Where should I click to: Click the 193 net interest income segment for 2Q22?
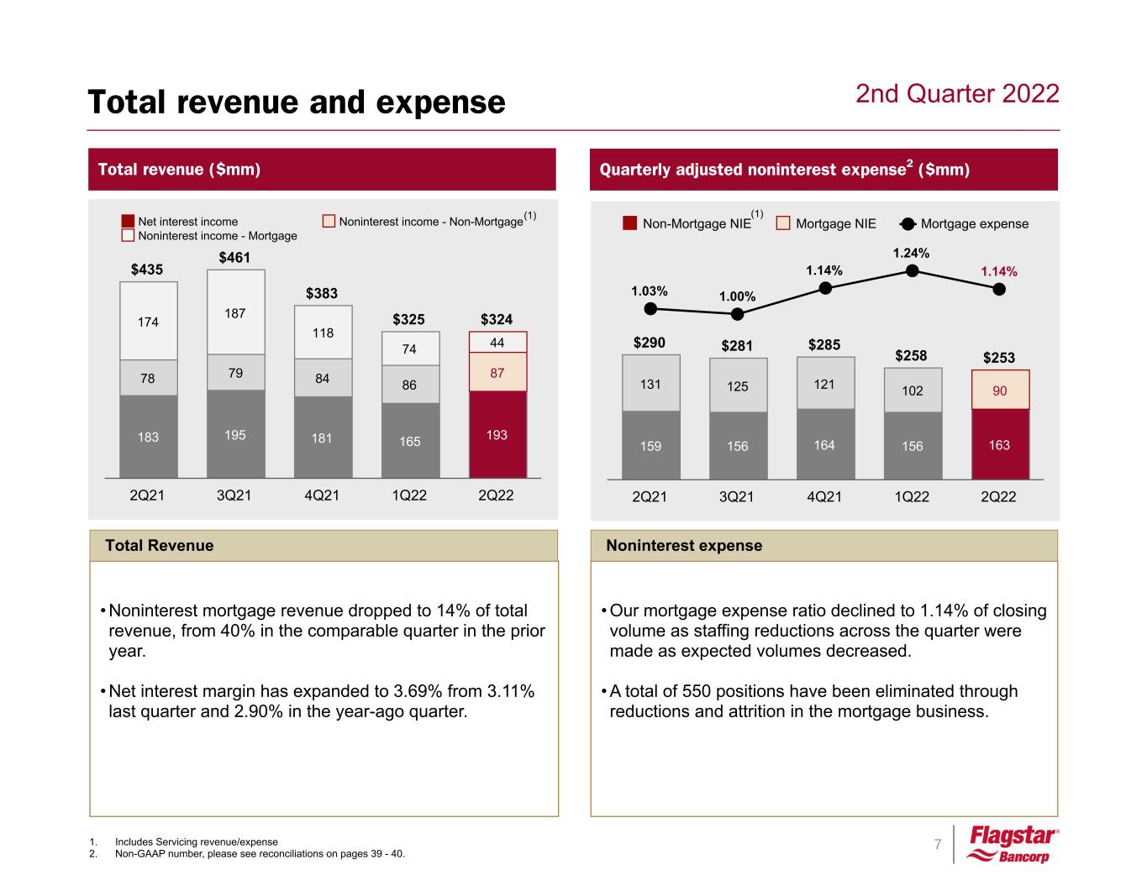tap(497, 435)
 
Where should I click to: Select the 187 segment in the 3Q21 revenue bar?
tap(235, 312)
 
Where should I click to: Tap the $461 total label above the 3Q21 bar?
tap(235, 257)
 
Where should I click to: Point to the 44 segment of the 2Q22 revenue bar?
tap(497, 342)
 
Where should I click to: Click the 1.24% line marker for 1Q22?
tap(912, 270)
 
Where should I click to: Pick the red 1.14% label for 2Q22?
tap(999, 271)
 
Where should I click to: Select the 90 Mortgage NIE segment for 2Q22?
tap(999, 390)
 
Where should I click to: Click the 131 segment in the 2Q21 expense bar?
tap(650, 384)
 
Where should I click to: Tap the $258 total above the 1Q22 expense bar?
tap(911, 355)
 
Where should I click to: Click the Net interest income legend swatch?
tap(128, 221)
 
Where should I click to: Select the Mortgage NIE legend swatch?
tap(783, 223)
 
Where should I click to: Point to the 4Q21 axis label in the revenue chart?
tap(322, 495)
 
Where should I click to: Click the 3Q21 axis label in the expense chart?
tap(737, 496)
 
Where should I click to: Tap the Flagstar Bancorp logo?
tap(1013, 844)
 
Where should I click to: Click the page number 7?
tap(938, 844)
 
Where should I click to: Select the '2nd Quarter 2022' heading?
tap(957, 93)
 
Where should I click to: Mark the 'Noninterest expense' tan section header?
tap(684, 546)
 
